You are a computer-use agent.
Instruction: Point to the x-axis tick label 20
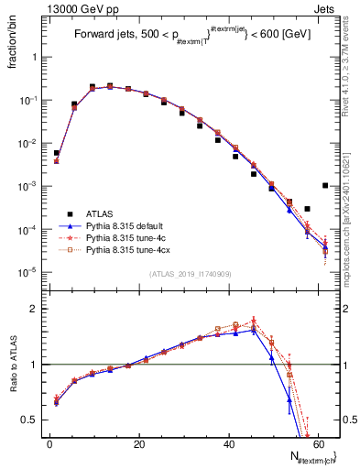click(x=139, y=444)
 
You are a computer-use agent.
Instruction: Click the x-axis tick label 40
click(x=229, y=444)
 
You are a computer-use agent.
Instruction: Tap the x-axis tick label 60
click(x=319, y=444)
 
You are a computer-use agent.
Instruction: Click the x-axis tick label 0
click(x=49, y=444)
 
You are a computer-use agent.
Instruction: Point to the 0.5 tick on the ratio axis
click(x=33, y=420)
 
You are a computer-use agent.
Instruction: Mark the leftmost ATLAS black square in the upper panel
click(x=56, y=153)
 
